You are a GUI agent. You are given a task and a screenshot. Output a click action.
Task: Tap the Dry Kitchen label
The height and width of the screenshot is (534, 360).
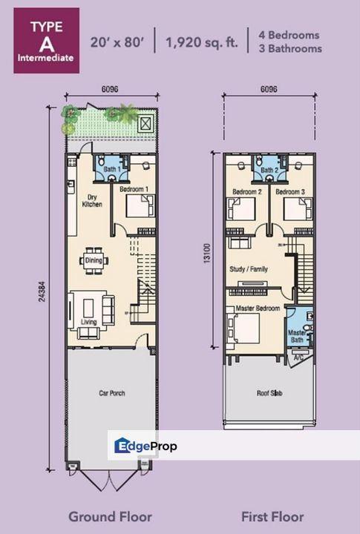tap(89, 200)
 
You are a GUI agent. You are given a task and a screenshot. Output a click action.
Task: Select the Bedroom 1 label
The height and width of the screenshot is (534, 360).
tap(134, 189)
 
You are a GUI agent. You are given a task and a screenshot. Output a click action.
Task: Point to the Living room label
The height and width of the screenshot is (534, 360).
tap(89, 321)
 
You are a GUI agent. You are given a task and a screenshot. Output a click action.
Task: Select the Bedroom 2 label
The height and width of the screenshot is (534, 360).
tap(247, 192)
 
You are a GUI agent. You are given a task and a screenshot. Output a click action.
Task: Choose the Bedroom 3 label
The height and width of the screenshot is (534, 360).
tap(290, 192)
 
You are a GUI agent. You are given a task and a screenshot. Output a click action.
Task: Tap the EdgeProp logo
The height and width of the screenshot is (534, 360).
tap(145, 446)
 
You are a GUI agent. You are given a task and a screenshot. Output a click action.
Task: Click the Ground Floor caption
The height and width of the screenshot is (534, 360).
tap(111, 516)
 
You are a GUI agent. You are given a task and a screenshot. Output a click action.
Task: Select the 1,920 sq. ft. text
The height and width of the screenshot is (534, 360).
tap(201, 42)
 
